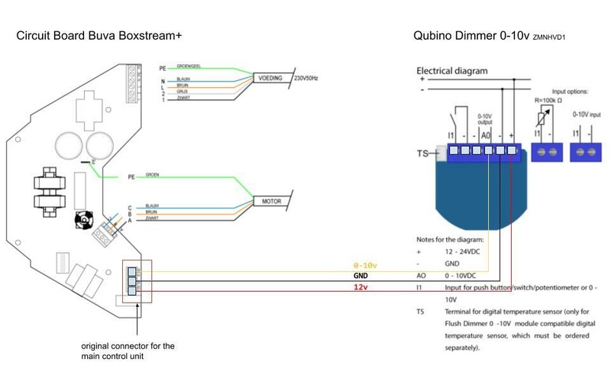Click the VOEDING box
272,78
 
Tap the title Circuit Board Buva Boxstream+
99,36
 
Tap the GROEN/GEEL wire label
189,66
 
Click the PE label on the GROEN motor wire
131,176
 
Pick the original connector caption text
128,351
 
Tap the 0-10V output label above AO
485,119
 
